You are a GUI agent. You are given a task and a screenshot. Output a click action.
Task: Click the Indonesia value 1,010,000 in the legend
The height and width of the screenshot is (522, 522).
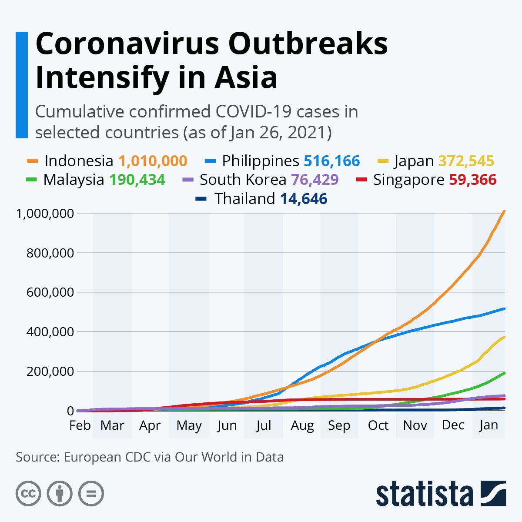(153, 161)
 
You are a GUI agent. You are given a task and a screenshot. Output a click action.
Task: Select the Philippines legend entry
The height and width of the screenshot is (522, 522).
(260, 161)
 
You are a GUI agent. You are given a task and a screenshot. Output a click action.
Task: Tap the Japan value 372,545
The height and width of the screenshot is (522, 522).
(466, 161)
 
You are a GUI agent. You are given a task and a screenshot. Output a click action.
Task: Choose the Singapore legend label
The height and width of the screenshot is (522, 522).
(408, 180)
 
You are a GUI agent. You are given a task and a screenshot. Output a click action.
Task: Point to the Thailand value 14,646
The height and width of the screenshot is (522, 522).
(303, 199)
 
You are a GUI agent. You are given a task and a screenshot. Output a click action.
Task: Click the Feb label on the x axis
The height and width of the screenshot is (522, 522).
(80, 425)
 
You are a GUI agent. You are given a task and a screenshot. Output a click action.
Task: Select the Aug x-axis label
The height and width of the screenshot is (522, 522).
(302, 425)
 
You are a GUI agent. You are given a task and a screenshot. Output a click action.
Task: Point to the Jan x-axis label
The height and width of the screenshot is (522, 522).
(489, 425)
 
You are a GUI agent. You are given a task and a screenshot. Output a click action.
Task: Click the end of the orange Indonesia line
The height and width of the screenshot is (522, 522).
(504, 212)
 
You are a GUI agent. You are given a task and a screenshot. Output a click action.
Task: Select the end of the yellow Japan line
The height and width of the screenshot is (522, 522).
(504, 338)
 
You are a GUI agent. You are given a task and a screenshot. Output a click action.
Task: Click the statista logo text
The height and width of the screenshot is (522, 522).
(424, 494)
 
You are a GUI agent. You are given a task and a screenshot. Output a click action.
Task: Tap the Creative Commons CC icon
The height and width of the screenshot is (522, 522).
(28, 494)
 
